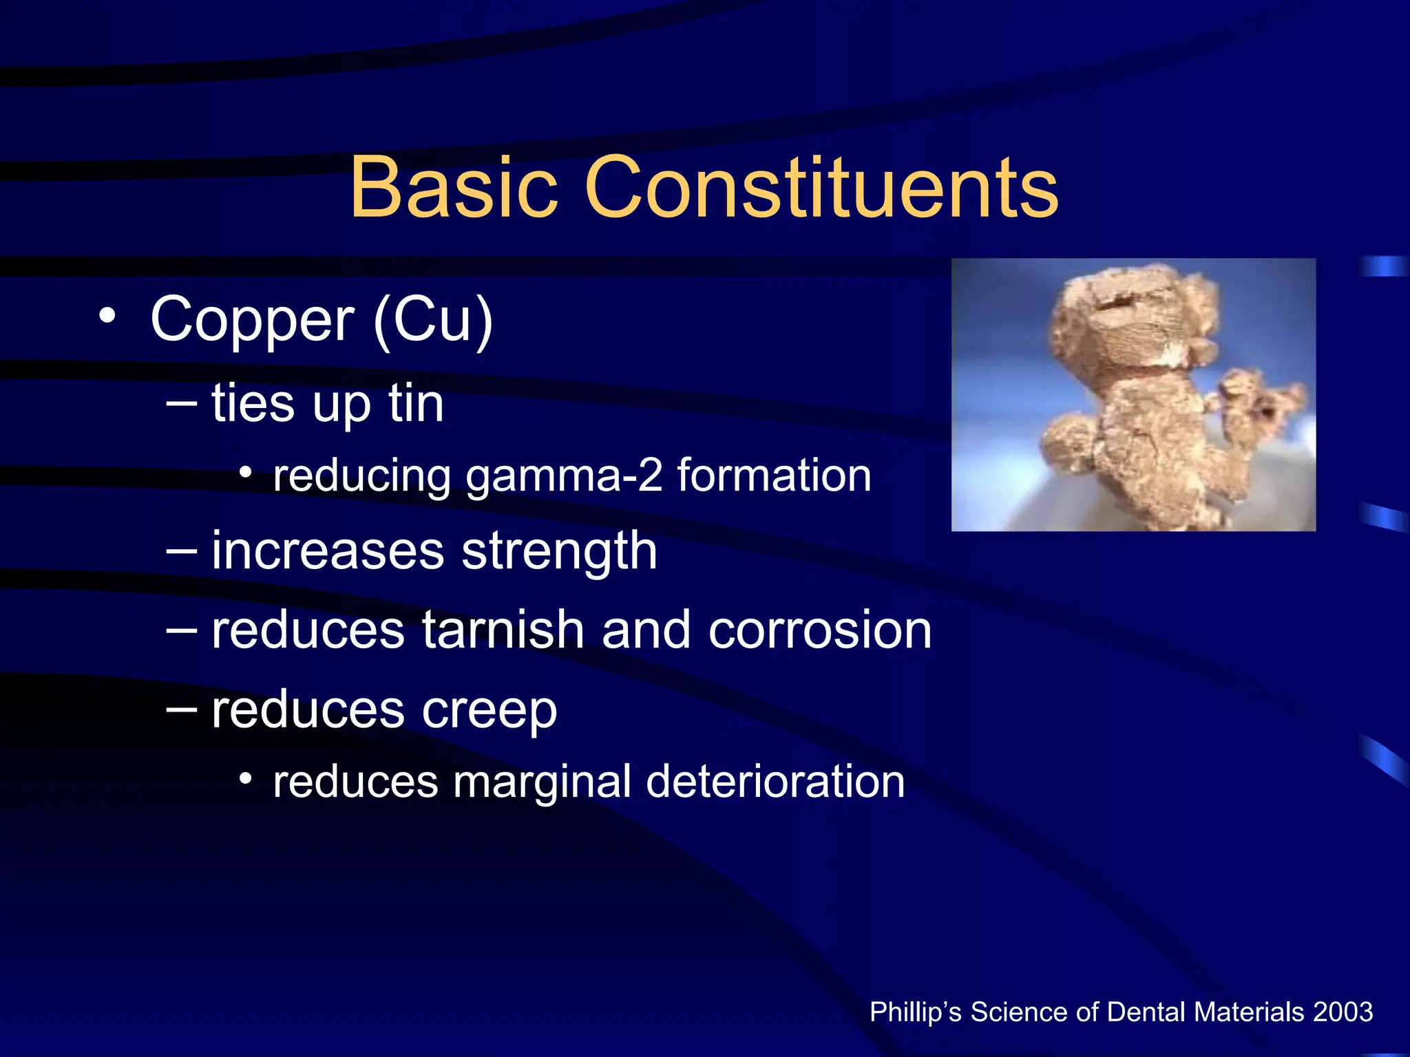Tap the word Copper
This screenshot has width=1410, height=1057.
(252, 319)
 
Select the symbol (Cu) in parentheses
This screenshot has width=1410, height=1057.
(433, 319)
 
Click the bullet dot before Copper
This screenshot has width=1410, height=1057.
(107, 316)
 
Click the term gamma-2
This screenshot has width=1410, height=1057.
(564, 476)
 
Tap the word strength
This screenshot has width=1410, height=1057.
(559, 552)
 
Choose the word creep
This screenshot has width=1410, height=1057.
(489, 710)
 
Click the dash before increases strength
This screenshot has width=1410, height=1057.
(181, 551)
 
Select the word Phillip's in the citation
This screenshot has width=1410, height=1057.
(916, 1012)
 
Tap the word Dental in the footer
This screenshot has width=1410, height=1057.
(1148, 1012)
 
